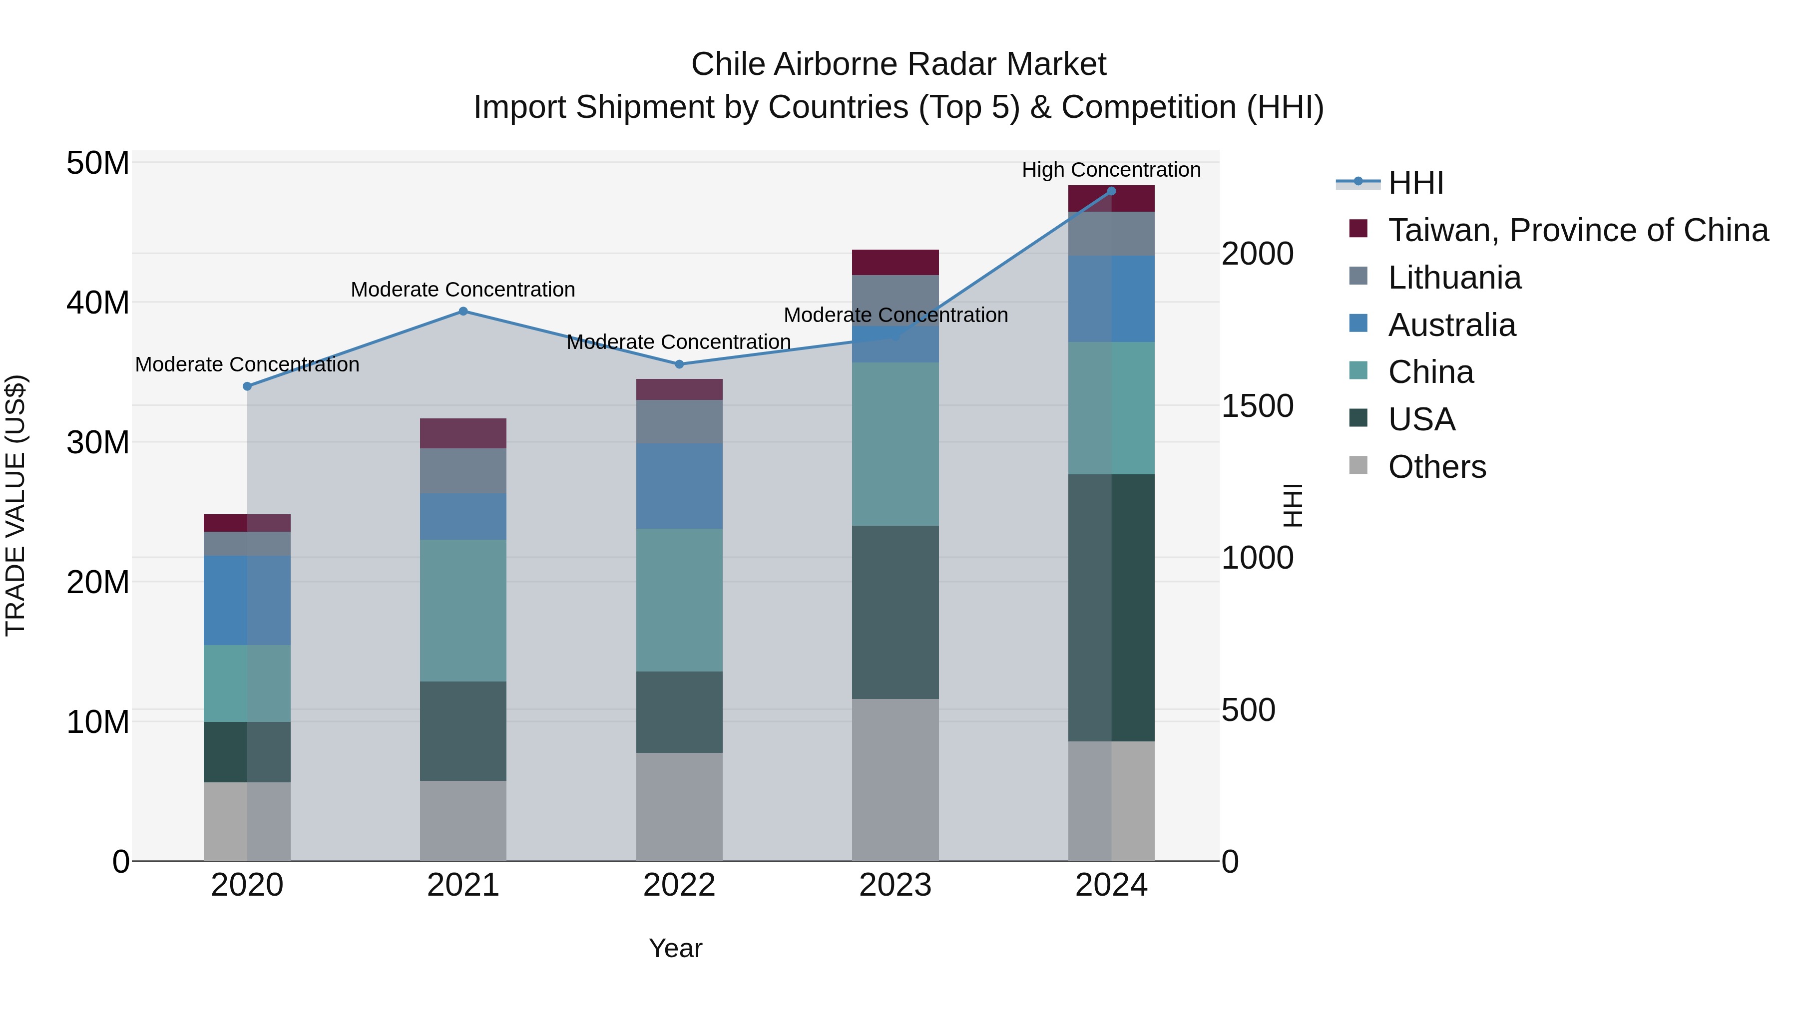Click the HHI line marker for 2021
click(x=463, y=311)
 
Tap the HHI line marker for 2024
click(x=1111, y=191)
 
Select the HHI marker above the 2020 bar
click(x=247, y=386)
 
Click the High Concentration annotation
click(x=1111, y=170)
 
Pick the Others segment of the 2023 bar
click(x=895, y=779)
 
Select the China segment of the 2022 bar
click(x=679, y=600)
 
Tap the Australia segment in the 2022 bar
click(x=679, y=486)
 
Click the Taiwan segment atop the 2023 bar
click(x=895, y=262)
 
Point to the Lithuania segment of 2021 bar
click(x=463, y=471)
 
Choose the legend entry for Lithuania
click(x=1454, y=278)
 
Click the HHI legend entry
click(x=1415, y=183)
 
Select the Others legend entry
click(x=1436, y=467)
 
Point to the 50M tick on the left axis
click(x=98, y=163)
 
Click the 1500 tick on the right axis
click(x=1257, y=406)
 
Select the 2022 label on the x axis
click(x=679, y=885)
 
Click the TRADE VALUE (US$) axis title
click(x=15, y=505)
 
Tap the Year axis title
click(x=675, y=948)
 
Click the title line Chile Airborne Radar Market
click(x=899, y=64)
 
